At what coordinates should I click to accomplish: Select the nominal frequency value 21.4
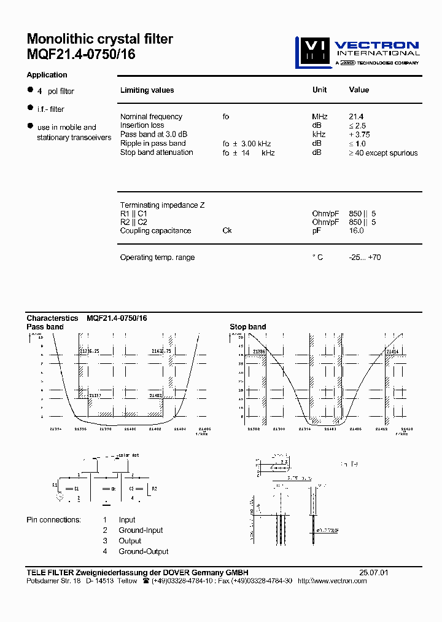click(356, 117)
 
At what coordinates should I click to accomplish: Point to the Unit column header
click(319, 90)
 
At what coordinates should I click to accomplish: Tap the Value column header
click(359, 90)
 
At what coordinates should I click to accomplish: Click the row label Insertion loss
click(142, 125)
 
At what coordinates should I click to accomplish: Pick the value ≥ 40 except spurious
click(383, 153)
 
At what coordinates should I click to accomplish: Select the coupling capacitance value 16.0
click(356, 230)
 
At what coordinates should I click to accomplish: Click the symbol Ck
click(227, 230)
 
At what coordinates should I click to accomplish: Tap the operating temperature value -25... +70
click(364, 257)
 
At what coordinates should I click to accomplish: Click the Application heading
click(47, 75)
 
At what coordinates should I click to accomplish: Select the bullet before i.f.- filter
click(29, 108)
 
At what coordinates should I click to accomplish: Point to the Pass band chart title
click(45, 327)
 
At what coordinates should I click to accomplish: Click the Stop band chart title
click(248, 327)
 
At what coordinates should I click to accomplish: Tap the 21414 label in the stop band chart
click(393, 351)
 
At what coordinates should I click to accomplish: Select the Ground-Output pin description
click(144, 551)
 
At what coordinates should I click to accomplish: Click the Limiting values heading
click(147, 90)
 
